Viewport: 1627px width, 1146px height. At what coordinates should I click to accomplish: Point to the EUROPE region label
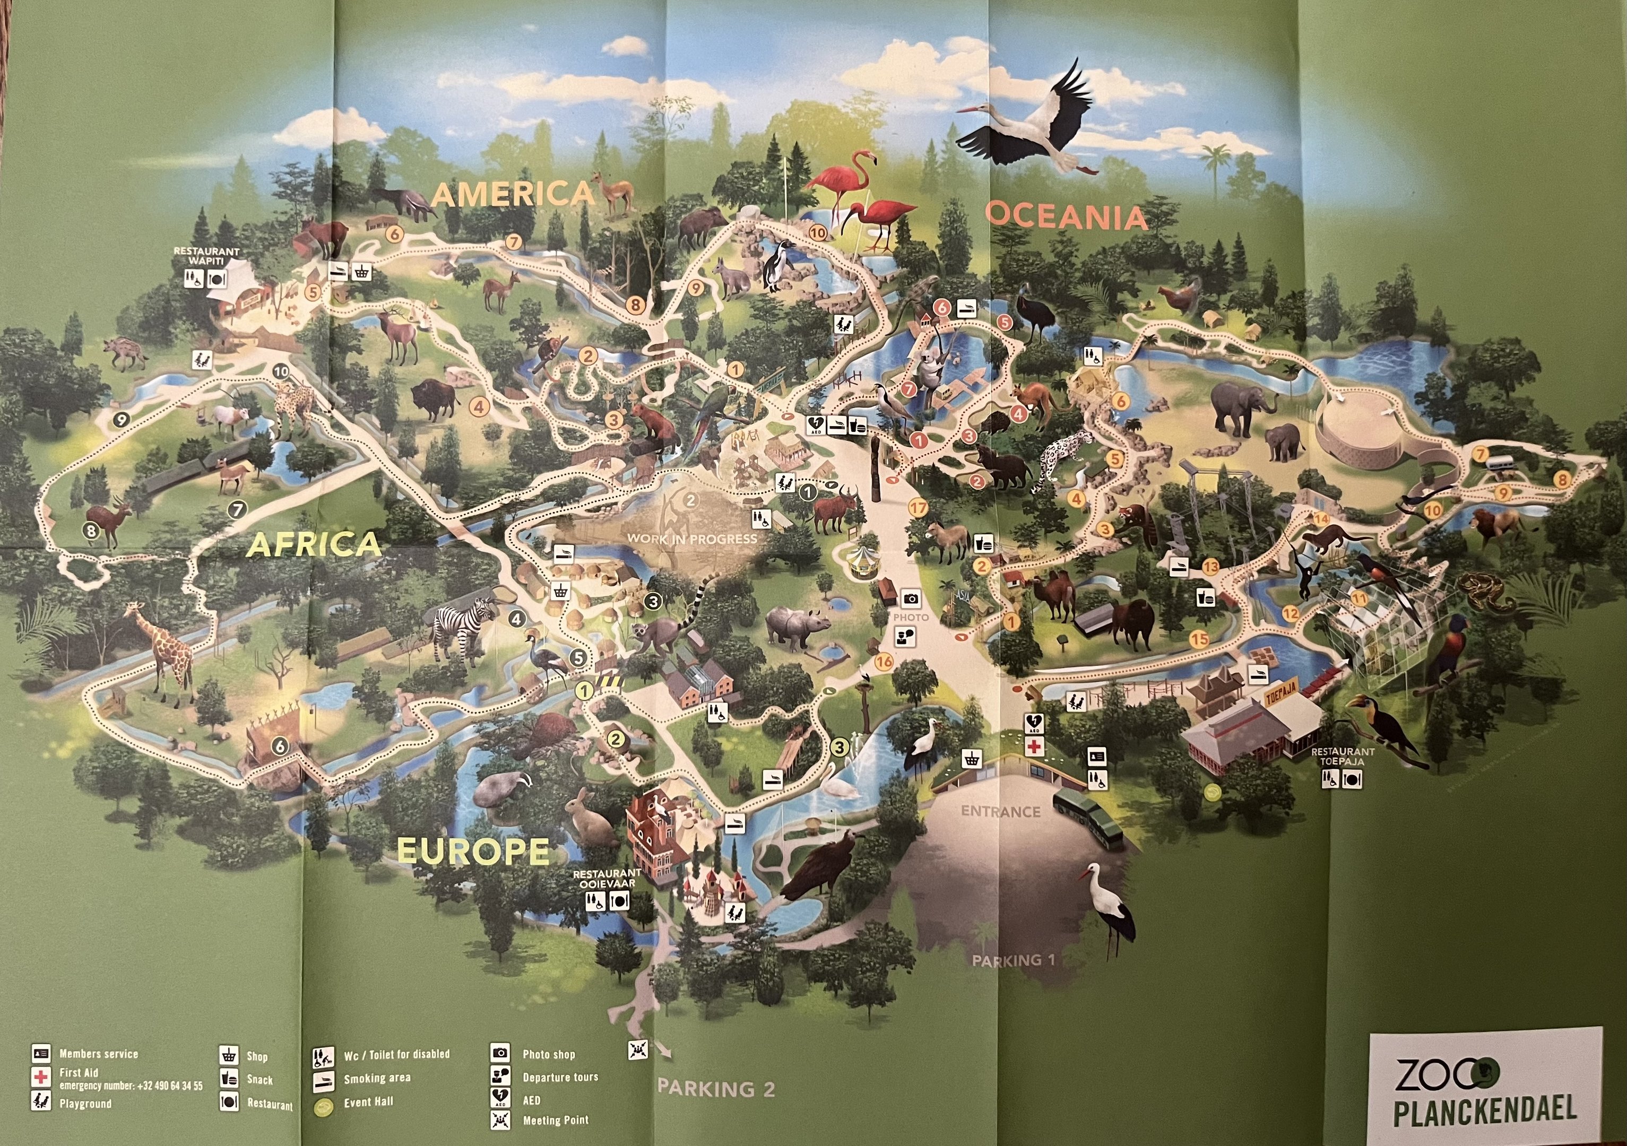(473, 850)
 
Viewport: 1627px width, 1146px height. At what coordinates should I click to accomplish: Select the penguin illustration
(777, 264)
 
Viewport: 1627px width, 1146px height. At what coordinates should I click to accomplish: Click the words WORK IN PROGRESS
(691, 539)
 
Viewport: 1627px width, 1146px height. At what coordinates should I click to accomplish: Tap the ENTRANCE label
(1000, 811)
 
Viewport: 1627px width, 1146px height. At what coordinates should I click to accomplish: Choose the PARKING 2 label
(716, 1088)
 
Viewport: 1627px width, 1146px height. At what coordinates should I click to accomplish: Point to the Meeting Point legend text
(555, 1120)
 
